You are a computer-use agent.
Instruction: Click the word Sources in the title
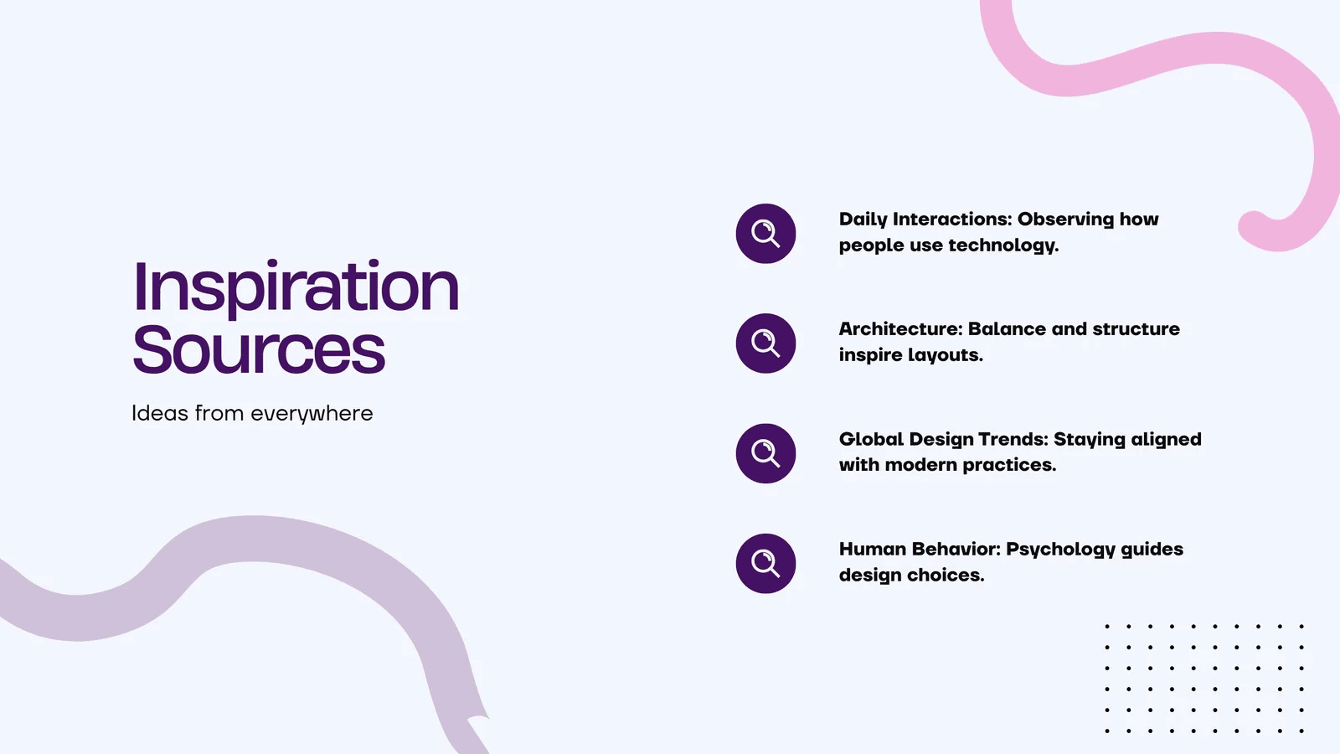259,349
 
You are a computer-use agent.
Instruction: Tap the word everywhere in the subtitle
312,414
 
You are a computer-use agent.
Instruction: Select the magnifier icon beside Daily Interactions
765,234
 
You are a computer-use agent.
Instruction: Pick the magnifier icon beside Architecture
765,343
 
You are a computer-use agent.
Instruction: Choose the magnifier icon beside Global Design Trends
765,453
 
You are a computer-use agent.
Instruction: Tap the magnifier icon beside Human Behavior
765,563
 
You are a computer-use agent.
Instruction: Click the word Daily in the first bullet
863,219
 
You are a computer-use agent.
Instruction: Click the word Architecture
901,329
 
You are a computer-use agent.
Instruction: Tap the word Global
871,439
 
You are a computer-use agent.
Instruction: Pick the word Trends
1013,439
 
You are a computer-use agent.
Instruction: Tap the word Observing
1065,219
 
